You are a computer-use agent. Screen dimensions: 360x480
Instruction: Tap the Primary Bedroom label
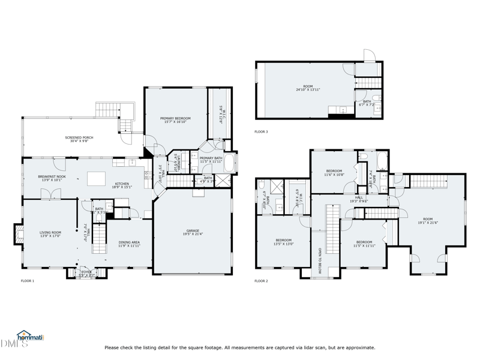[175, 121]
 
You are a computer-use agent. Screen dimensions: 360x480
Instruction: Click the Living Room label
[50, 234]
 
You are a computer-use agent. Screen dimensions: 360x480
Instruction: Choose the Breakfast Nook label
[51, 178]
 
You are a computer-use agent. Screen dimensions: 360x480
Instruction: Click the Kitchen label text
[122, 185]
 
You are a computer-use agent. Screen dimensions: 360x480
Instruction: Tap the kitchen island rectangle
[96, 178]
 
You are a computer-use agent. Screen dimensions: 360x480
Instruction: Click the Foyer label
[87, 274]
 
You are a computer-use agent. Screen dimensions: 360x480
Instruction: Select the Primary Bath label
[211, 160]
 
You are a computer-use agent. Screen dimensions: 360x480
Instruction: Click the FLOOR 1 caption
[28, 281]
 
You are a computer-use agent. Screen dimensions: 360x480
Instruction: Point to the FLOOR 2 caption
[261, 281]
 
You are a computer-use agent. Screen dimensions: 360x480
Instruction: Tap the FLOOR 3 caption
[261, 131]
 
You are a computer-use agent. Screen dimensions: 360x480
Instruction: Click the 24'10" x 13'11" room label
[308, 88]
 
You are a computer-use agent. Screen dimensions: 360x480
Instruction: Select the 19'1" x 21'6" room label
[427, 221]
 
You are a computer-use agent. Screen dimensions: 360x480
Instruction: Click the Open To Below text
[320, 260]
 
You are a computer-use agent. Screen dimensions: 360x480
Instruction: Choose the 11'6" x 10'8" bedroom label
[334, 173]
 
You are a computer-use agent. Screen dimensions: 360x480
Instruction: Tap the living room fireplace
[17, 234]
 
